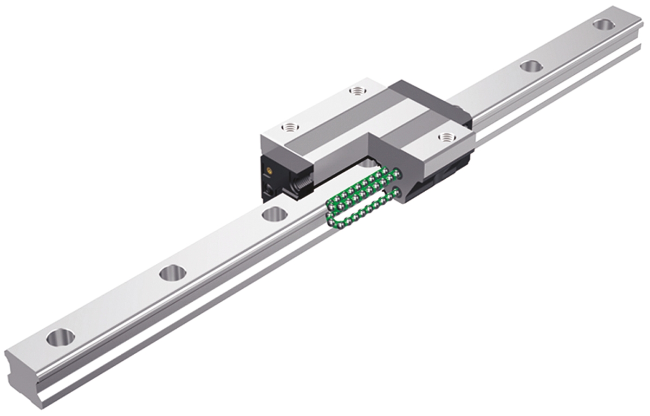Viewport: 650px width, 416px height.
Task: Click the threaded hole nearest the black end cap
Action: [291, 128]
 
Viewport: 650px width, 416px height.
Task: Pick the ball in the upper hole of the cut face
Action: [398, 173]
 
